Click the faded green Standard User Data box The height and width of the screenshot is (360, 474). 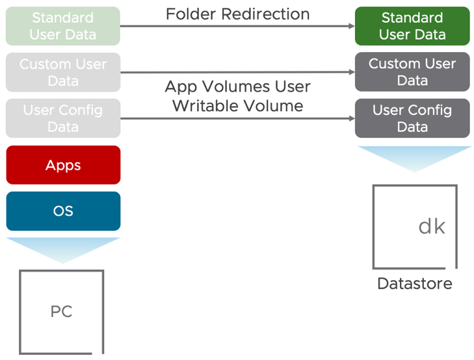click(63, 26)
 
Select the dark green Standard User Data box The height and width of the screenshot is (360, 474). click(412, 26)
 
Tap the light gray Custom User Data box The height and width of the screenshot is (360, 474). click(63, 72)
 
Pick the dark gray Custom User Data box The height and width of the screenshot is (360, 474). click(412, 72)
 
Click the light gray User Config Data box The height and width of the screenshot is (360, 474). click(63, 118)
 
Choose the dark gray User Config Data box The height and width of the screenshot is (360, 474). click(412, 118)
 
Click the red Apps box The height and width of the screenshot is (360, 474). click(63, 165)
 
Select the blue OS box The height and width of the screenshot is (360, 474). click(63, 211)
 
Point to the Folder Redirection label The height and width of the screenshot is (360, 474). click(237, 14)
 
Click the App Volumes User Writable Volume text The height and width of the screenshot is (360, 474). click(237, 96)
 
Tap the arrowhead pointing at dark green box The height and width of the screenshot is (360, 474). click(351, 27)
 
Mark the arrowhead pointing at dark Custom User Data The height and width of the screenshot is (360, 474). click(351, 73)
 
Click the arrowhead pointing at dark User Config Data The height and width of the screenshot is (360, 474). click(351, 119)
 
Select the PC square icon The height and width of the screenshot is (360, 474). click(62, 312)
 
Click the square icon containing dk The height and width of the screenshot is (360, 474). click(415, 227)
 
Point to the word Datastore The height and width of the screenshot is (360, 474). click(414, 284)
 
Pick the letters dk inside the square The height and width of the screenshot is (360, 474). click(432, 226)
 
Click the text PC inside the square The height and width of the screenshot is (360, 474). click(61, 312)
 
